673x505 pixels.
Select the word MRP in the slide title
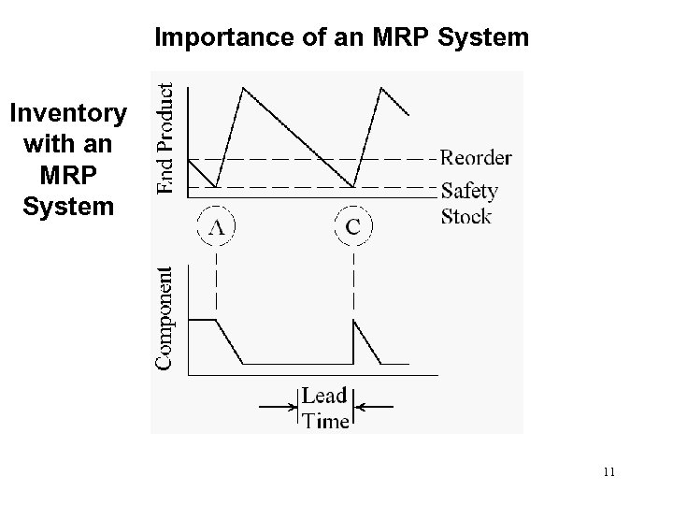tap(412, 38)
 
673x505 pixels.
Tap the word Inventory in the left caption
tap(68, 114)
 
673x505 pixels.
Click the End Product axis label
tap(165, 137)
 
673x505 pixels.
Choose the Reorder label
tap(476, 157)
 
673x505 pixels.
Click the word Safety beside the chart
tap(469, 191)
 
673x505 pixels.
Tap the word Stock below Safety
tap(466, 217)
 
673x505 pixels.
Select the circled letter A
tap(217, 225)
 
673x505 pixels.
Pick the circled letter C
tap(354, 225)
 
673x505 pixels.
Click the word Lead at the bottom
tap(324, 397)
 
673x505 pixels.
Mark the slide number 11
tap(609, 472)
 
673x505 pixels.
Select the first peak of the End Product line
tap(243, 88)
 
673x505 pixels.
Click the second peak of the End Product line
tap(381, 88)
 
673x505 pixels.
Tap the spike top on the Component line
tap(354, 320)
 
